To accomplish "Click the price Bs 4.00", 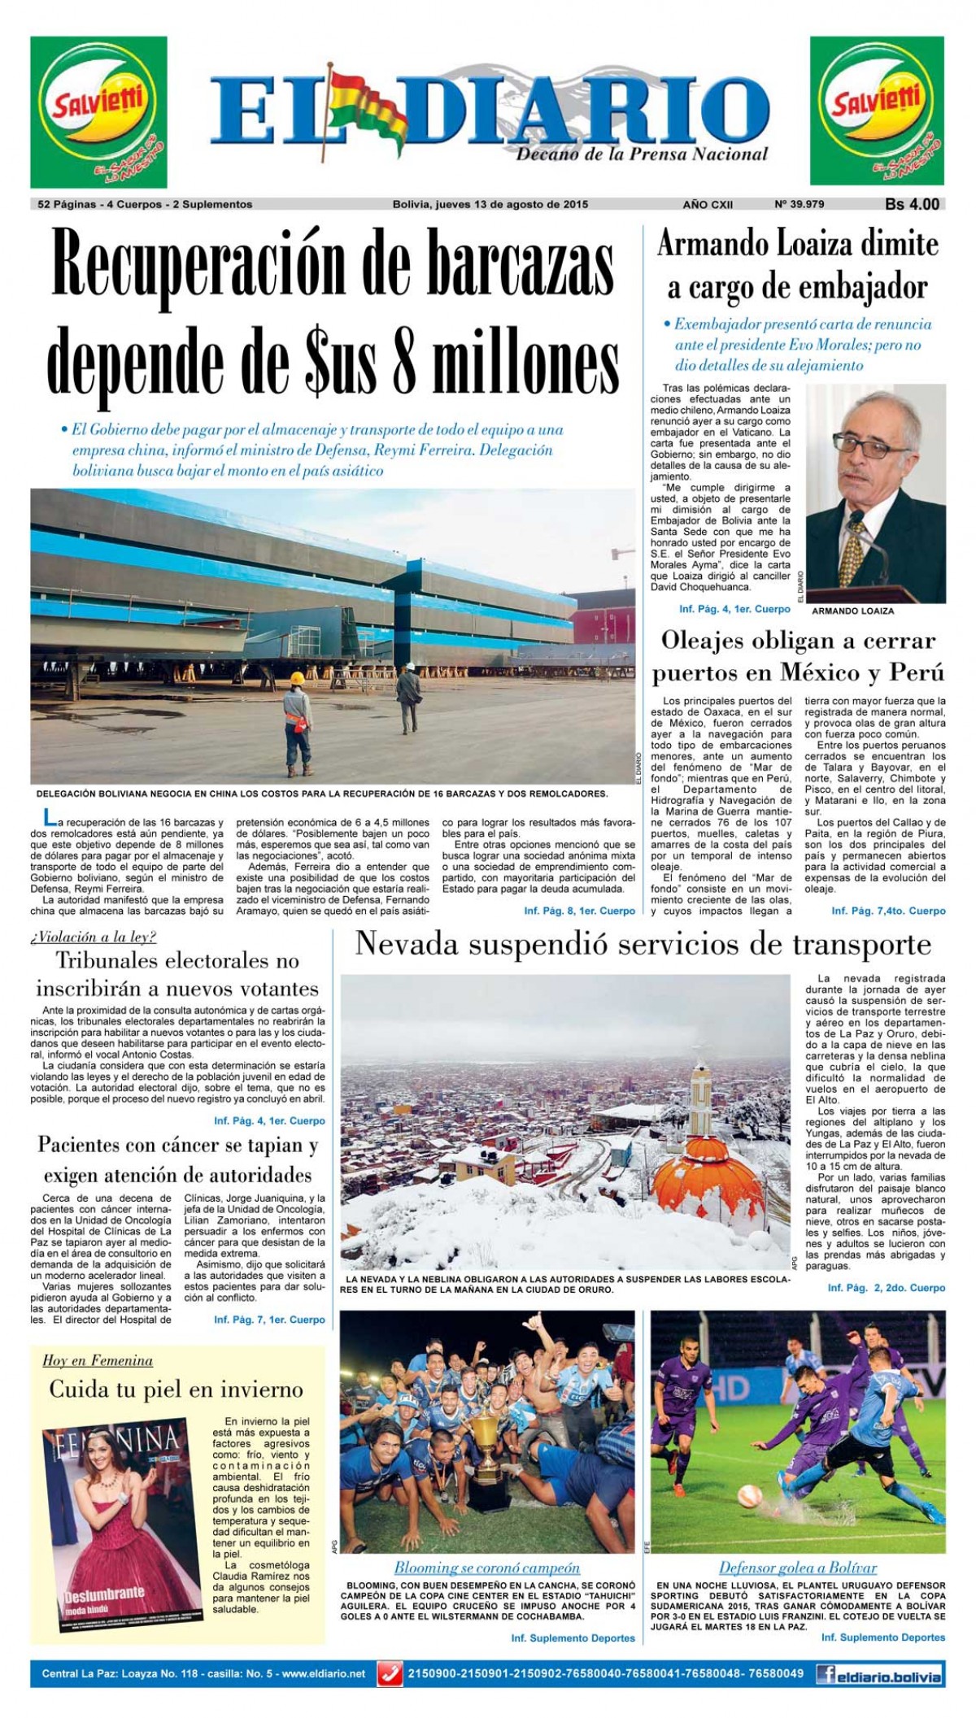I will coord(912,205).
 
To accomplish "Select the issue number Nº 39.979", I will coord(800,205).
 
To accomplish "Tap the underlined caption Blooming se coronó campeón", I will coord(487,1568).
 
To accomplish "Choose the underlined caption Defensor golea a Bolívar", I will coord(798,1568).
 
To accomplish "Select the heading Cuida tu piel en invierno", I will coord(176,1390).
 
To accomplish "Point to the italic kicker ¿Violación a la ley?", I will coord(94,937).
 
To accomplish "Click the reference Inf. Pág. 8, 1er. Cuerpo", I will coord(580,911).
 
